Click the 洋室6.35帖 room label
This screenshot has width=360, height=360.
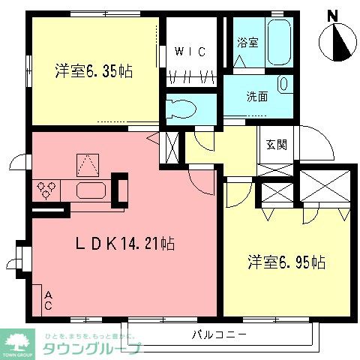[93, 72]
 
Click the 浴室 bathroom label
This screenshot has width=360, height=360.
[247, 42]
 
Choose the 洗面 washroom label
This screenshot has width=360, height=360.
[257, 96]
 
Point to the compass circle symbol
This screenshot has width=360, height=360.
[336, 43]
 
